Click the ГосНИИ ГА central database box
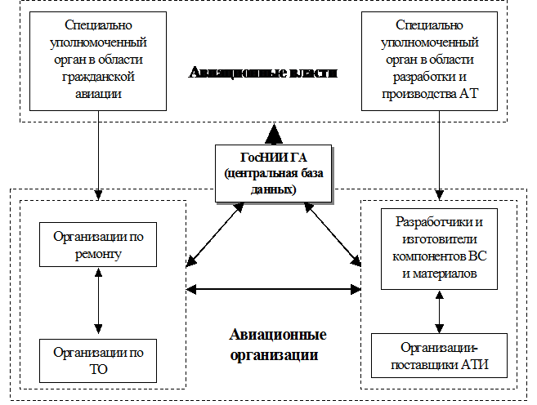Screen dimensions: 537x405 tap(273, 173)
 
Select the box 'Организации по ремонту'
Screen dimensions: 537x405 tap(98, 245)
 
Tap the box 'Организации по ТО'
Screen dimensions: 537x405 tap(98, 361)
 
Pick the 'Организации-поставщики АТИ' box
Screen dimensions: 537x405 tap(440, 356)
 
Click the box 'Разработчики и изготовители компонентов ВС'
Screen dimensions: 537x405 tap(440, 249)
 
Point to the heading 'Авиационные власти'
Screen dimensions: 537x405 tap(263, 73)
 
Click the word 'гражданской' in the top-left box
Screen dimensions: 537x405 tap(98, 77)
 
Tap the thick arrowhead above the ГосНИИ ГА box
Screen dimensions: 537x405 tap(274, 134)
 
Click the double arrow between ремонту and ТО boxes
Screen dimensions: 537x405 tap(98, 300)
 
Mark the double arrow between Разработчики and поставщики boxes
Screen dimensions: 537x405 tap(440, 312)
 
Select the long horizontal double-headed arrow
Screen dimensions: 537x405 tap(273, 289)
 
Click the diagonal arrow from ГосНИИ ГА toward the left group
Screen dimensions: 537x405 tap(215, 234)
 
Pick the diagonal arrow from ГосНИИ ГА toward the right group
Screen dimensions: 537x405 tap(333, 234)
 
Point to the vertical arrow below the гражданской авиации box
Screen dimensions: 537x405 tap(98, 155)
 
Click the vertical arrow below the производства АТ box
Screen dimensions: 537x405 tap(440, 155)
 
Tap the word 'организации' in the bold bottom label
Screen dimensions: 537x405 tap(274, 355)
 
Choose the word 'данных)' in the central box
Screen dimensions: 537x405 tap(273, 189)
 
